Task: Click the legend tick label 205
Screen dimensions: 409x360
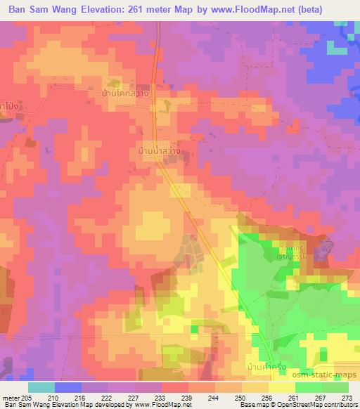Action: click(26, 398)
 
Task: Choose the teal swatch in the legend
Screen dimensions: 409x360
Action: click(41, 387)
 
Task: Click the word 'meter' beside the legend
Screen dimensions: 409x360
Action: click(10, 398)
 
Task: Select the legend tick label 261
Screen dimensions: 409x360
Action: click(292, 398)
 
